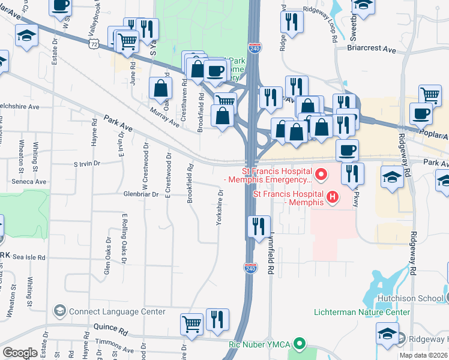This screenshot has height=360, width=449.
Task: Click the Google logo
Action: point(20,353)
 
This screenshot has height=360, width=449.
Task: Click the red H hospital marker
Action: point(332,196)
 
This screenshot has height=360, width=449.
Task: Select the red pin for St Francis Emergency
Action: point(321,175)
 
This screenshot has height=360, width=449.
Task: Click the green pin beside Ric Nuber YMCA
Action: point(302,344)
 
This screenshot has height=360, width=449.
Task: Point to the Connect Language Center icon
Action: point(59,311)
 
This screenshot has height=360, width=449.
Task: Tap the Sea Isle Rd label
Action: point(29,257)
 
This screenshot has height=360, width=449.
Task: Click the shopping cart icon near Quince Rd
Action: point(191,323)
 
